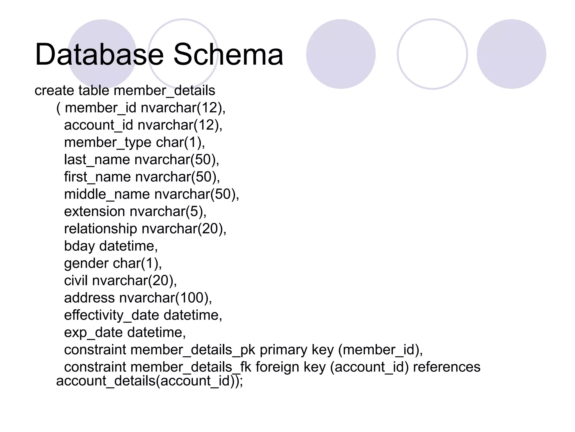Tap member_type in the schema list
[x=108, y=143]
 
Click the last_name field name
[x=97, y=160]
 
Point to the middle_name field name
[x=107, y=194]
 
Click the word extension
[x=94, y=211]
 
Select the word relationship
[x=101, y=229]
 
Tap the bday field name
[x=79, y=246]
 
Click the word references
[x=447, y=367]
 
